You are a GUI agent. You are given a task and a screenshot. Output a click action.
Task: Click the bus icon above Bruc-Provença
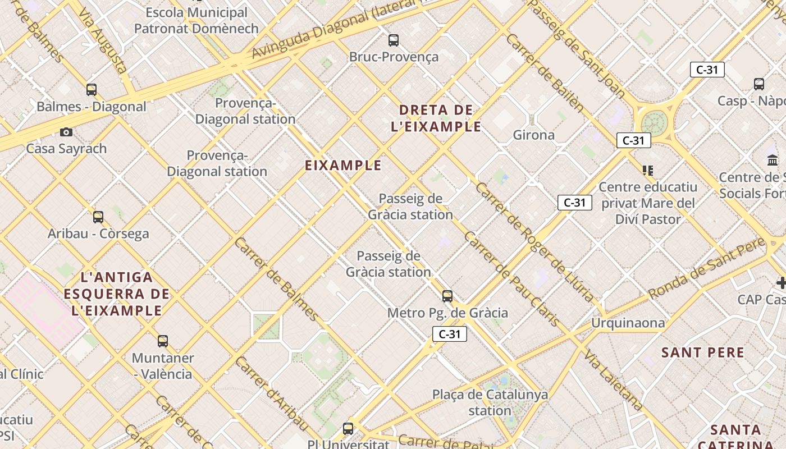(394, 40)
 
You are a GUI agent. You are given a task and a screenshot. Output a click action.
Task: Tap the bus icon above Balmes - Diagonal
(92, 90)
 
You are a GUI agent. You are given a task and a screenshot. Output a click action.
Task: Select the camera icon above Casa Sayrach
(66, 132)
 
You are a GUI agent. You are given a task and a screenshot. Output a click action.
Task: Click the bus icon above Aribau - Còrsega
(98, 217)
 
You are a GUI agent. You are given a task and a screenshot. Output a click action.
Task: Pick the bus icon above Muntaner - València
(163, 341)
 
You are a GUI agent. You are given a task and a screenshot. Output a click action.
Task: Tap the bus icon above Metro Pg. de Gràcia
(447, 296)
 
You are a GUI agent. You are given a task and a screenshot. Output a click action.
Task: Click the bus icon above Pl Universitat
(348, 429)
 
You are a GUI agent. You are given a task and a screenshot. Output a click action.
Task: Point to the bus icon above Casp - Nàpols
(759, 85)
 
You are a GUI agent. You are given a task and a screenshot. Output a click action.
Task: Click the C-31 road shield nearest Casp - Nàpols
(707, 70)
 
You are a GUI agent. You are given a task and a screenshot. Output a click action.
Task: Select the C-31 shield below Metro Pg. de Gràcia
(449, 334)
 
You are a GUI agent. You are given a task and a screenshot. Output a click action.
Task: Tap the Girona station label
(533, 135)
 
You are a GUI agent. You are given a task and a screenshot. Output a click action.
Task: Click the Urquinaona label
(628, 323)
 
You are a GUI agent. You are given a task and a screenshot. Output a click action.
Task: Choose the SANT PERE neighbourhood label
(702, 352)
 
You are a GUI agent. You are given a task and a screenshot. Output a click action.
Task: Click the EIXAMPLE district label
(343, 165)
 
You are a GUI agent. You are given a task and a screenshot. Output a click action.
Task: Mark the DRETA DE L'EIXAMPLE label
(436, 118)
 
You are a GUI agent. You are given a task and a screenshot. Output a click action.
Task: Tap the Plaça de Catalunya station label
(490, 402)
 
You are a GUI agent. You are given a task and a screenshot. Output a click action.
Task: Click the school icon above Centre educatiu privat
(648, 170)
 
